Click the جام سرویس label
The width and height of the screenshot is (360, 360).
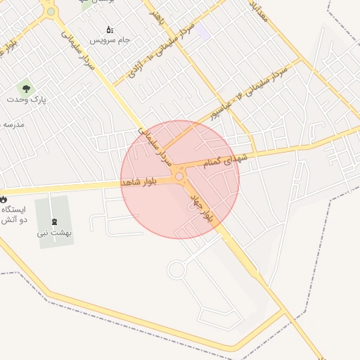click(114, 40)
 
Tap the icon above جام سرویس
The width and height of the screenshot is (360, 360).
click(109, 30)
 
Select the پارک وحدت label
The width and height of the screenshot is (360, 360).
click(27, 100)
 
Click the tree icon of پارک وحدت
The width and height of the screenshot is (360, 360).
click(26, 89)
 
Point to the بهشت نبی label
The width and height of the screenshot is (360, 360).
click(55, 233)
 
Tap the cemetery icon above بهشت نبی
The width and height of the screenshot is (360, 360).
click(55, 221)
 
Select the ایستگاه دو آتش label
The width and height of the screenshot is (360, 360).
click(14, 215)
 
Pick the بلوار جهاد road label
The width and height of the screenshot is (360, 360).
click(200, 209)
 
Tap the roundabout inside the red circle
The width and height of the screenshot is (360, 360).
click(179, 176)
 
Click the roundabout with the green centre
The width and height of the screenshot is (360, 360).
click(50, 11)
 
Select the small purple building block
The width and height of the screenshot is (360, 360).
click(202, 32)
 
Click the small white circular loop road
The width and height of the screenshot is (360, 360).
click(176, 269)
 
